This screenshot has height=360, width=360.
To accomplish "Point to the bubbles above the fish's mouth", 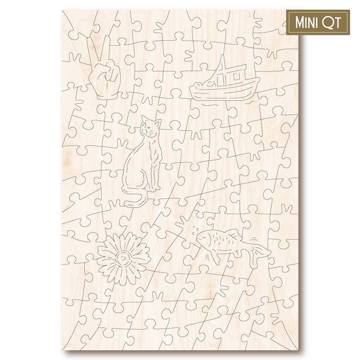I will (194, 229).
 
